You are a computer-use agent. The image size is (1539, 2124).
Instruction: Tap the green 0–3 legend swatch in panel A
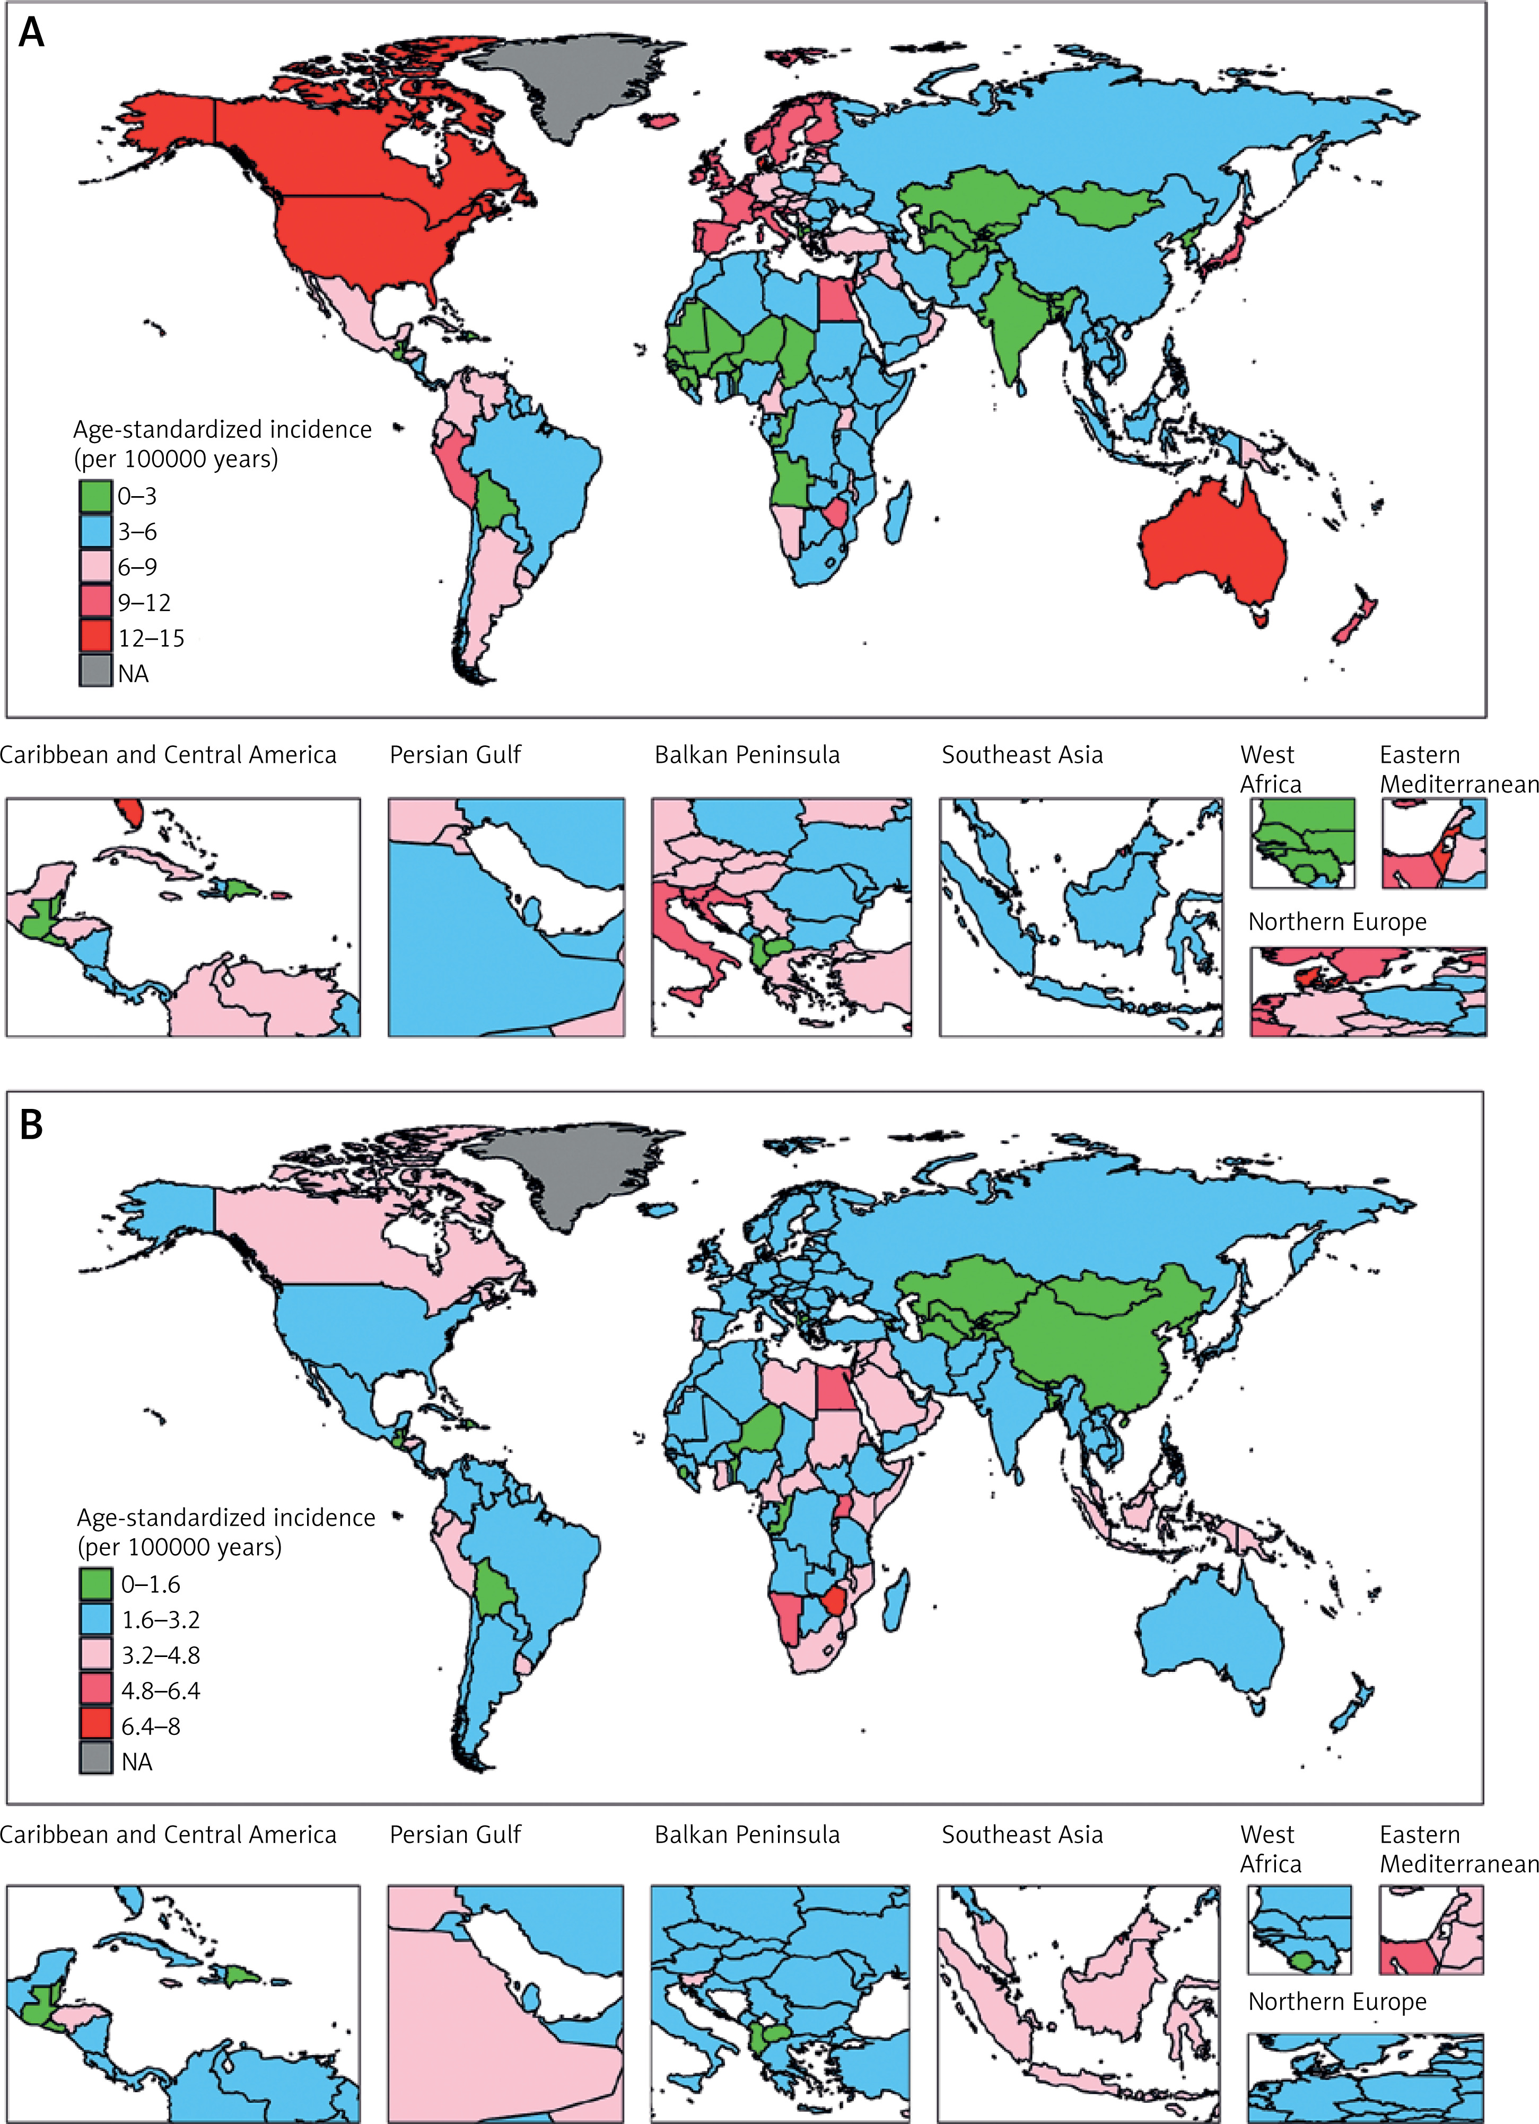pos(95,496)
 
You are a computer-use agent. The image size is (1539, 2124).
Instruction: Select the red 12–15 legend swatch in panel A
pos(95,638)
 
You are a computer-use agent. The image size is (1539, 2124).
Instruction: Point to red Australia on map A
pos(1213,543)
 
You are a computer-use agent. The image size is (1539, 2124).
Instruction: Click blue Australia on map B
pos(1213,1629)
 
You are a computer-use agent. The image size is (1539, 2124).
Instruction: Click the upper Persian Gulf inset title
pos(455,755)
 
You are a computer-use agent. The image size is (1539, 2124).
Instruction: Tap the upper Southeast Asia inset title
pos(1022,755)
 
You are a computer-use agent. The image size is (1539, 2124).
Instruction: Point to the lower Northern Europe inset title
pos(1337,2002)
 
